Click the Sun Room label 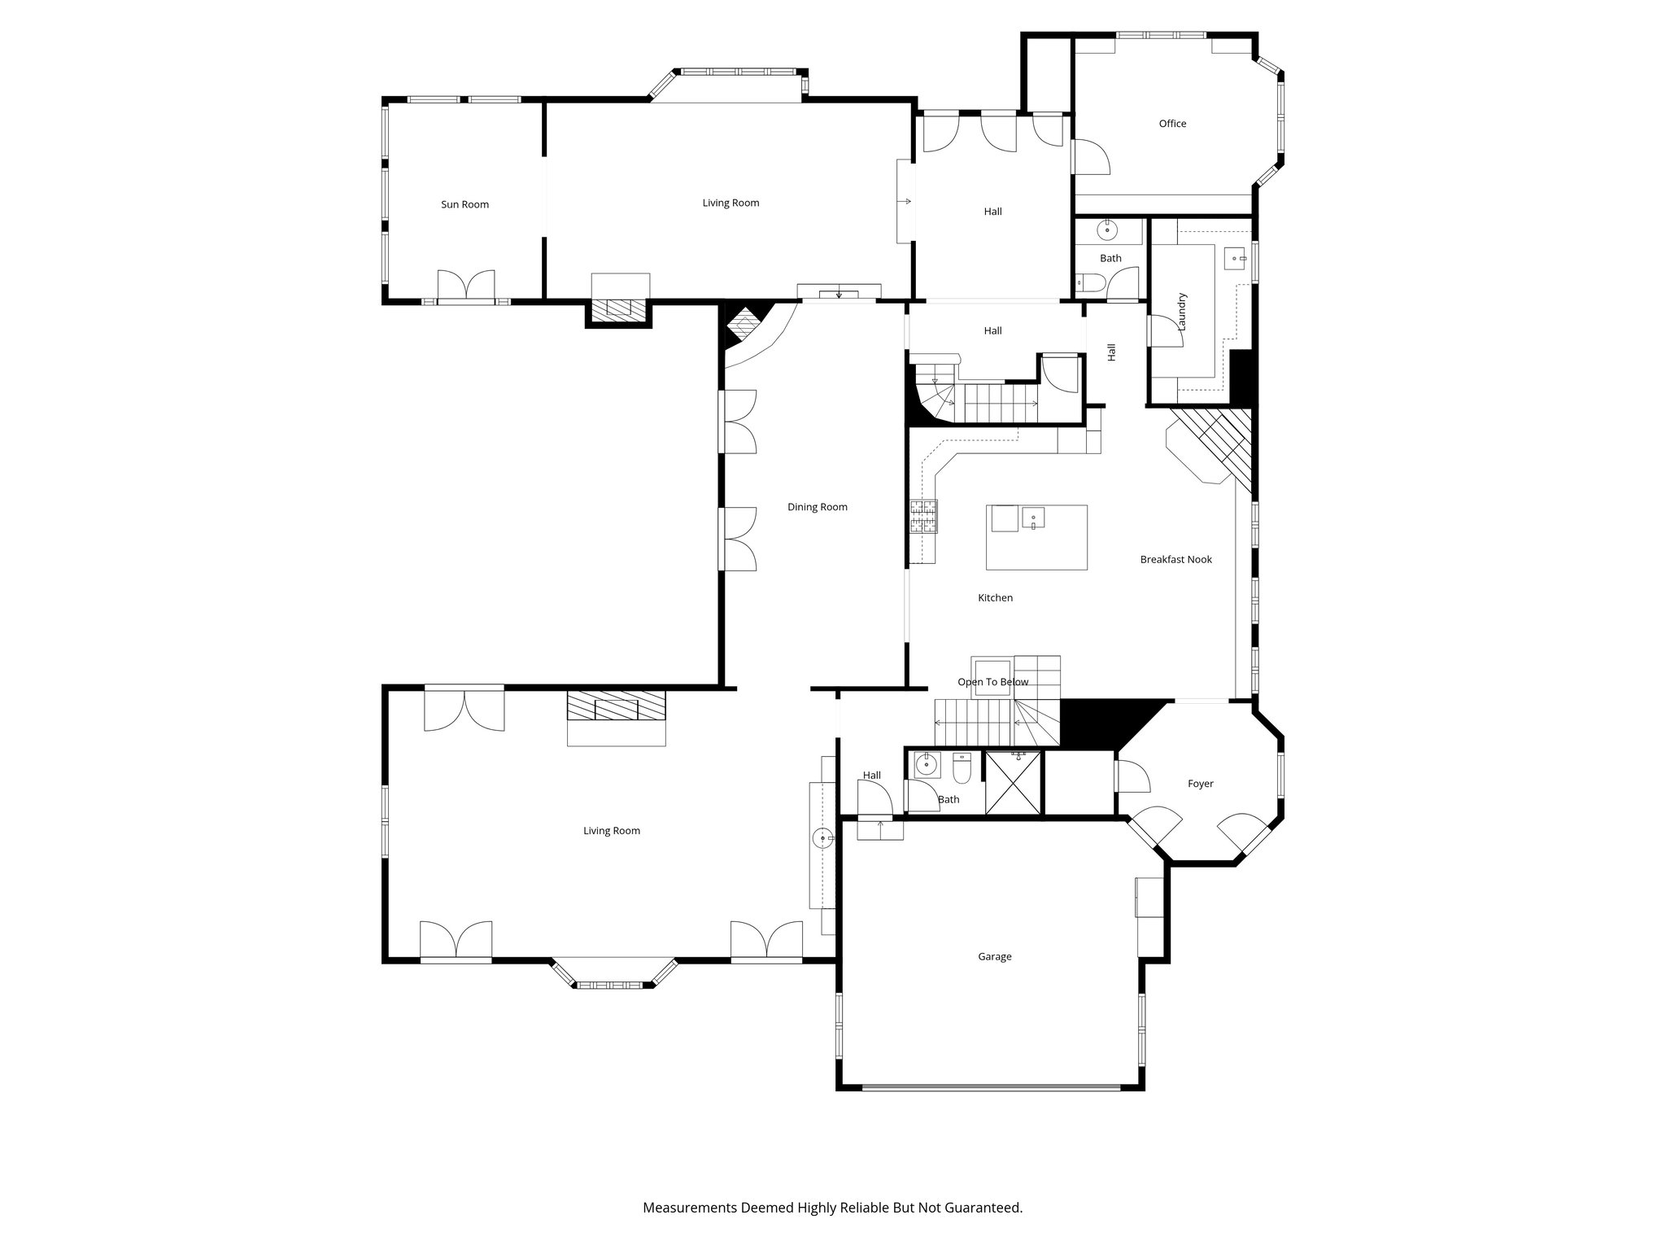click(x=464, y=204)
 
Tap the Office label click(x=1172, y=124)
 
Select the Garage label click(x=994, y=956)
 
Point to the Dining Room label click(x=817, y=507)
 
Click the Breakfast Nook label click(x=1175, y=559)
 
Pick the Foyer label click(x=1200, y=784)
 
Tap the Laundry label click(x=1182, y=311)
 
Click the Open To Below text click(x=992, y=682)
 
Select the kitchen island click(x=1036, y=537)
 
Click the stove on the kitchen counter click(x=923, y=517)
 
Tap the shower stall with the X click(x=1013, y=782)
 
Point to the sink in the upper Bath click(x=1107, y=231)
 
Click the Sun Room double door click(x=466, y=286)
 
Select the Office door click(x=1090, y=157)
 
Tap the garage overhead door click(x=991, y=1086)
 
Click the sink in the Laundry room click(x=1235, y=259)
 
